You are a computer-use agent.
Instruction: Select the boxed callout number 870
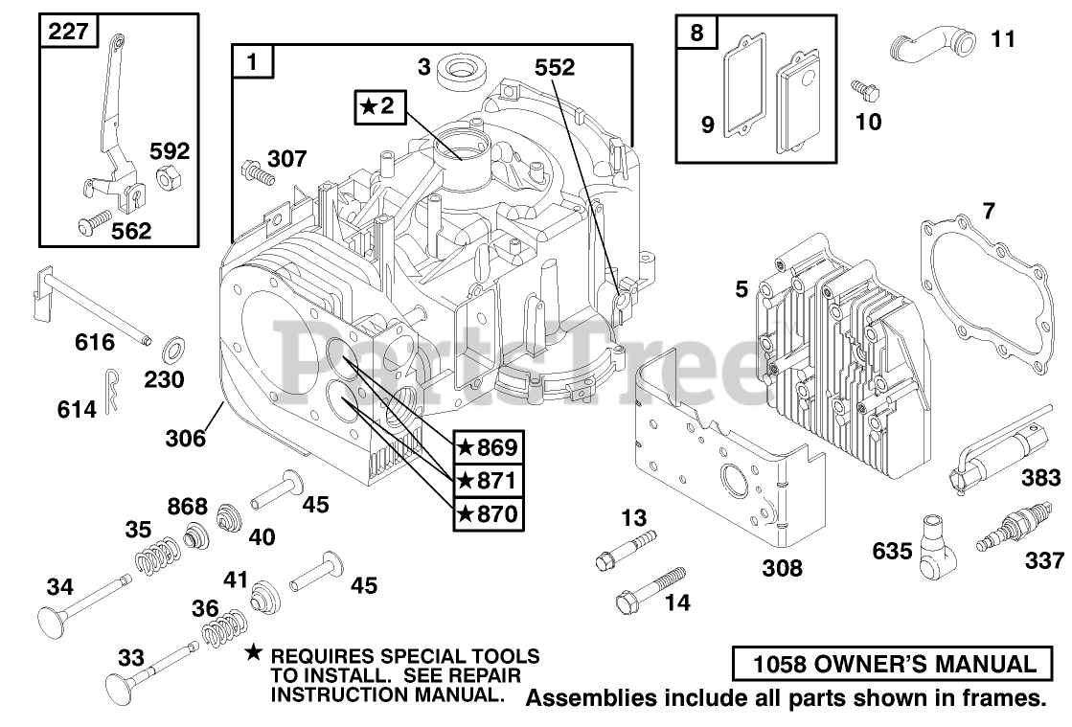[x=487, y=513]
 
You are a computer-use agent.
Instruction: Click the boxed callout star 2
[x=376, y=106]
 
